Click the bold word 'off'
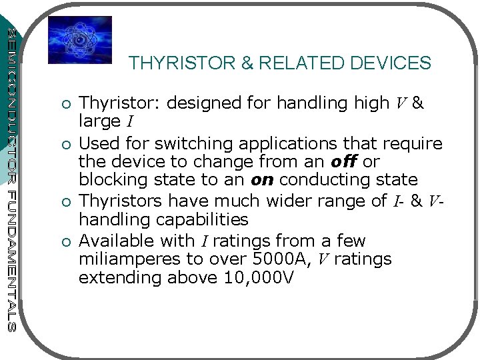pyautogui.click(x=344, y=161)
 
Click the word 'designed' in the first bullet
pyautogui.click(x=197, y=103)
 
